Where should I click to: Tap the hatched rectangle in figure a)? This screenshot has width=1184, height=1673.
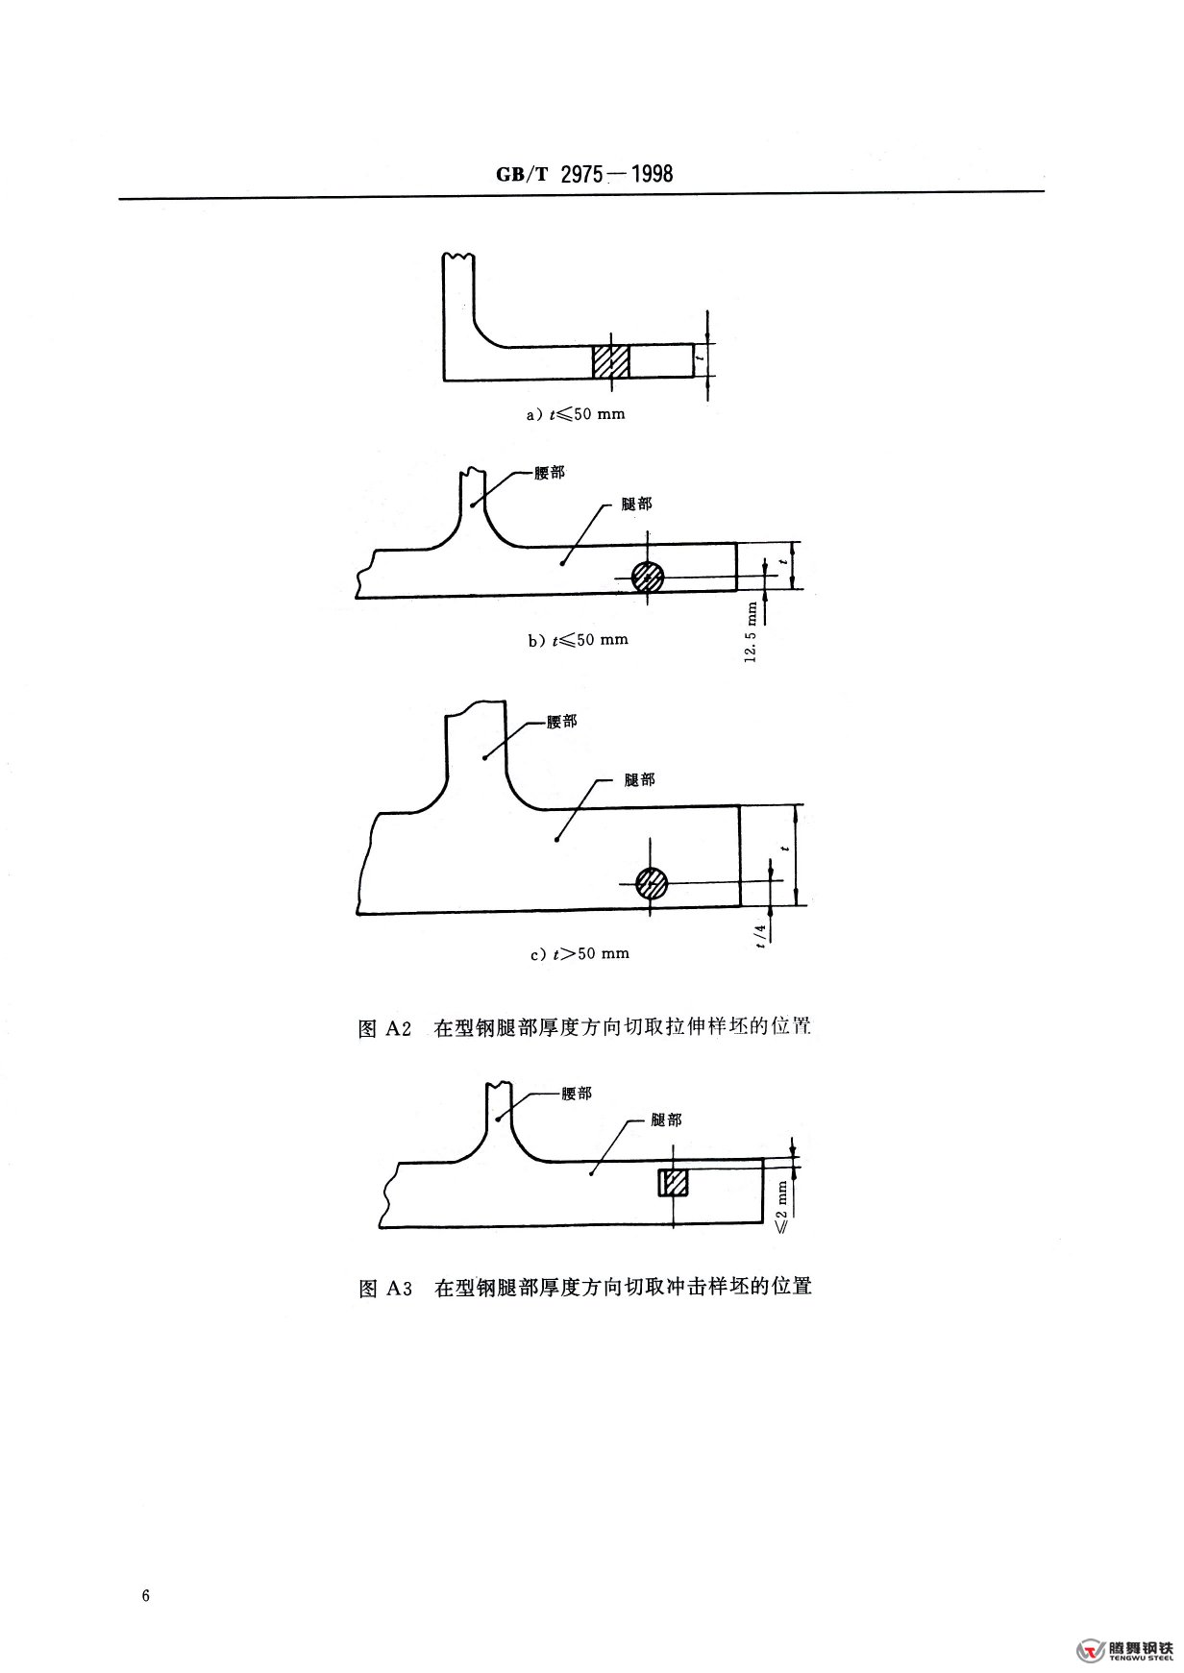[x=610, y=361]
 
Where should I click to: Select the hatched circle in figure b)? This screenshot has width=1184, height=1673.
[x=648, y=577]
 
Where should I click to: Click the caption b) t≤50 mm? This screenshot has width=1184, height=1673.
[x=578, y=639]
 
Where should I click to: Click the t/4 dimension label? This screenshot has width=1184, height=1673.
[x=761, y=934]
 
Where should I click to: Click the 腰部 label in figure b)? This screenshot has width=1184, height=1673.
[x=550, y=475]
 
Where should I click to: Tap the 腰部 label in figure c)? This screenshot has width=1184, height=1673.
[x=562, y=722]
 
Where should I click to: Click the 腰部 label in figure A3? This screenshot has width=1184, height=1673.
[x=576, y=1094]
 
